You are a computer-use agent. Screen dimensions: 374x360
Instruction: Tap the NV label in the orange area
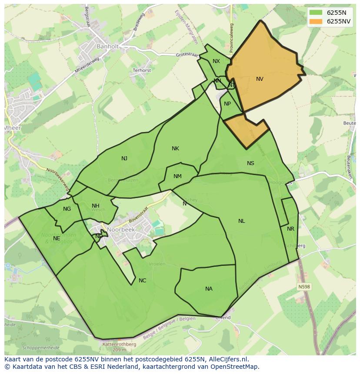[260, 79]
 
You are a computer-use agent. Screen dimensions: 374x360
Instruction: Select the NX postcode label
[216, 61]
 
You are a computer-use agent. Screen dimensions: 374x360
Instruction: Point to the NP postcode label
[227, 104]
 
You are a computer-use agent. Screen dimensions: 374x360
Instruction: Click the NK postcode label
[175, 149]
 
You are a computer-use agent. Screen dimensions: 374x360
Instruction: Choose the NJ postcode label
[124, 159]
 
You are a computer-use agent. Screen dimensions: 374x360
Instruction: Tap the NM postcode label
[177, 176]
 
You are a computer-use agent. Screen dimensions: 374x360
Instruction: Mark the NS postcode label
[250, 163]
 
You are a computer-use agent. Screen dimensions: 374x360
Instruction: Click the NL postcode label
[241, 221]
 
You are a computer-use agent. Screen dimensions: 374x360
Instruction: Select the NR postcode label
[290, 229]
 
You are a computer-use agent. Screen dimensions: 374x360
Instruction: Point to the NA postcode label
[209, 289]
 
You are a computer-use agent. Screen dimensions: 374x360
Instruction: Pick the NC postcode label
[142, 281]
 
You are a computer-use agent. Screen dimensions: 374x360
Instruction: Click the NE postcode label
[57, 238]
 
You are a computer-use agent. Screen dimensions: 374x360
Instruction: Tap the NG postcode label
[67, 209]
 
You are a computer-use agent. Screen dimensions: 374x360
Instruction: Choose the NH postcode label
[95, 206]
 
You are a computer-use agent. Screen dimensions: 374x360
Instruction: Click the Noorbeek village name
[121, 230]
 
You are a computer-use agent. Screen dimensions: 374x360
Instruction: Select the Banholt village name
[107, 46]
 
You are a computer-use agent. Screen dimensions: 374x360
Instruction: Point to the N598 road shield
[304, 287]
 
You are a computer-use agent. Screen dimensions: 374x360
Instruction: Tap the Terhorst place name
[142, 70]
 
